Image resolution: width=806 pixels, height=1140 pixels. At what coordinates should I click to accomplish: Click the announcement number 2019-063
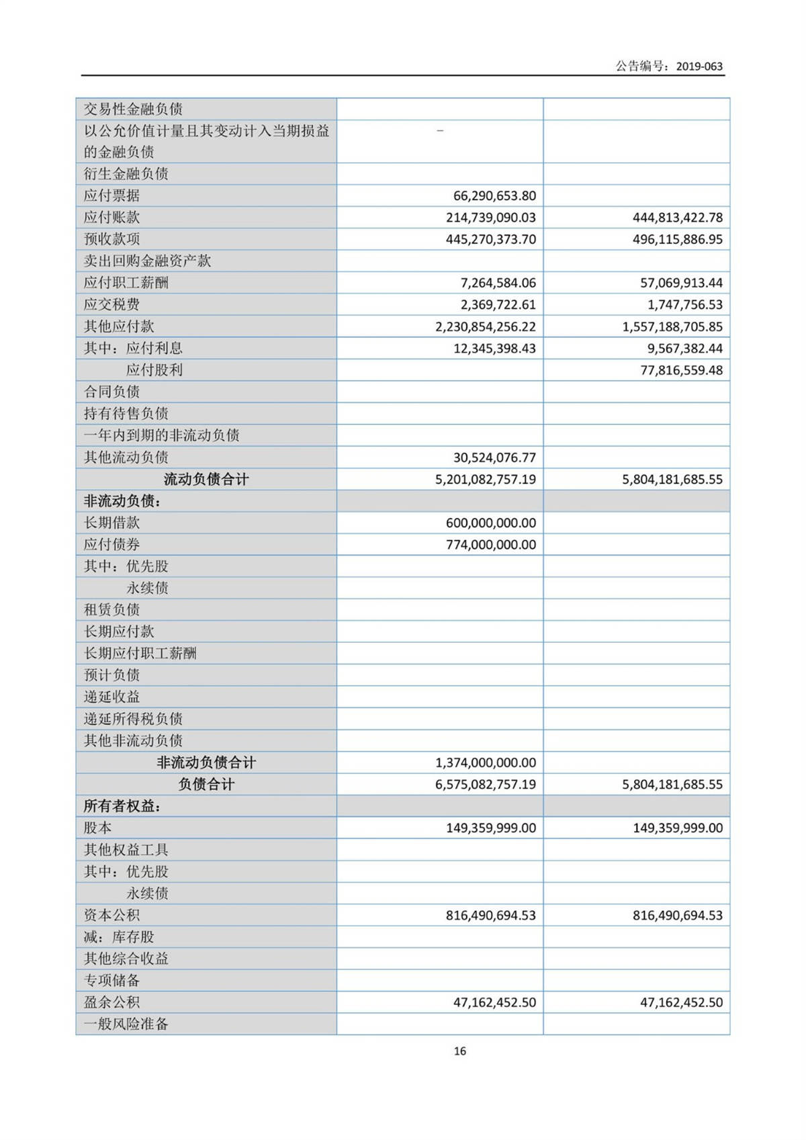(x=699, y=66)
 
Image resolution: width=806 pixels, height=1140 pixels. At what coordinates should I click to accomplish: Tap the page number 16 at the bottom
(x=459, y=1051)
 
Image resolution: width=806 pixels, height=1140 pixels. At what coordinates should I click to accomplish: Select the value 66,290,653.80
(x=494, y=195)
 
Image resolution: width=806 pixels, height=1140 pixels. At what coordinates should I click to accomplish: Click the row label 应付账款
(x=111, y=217)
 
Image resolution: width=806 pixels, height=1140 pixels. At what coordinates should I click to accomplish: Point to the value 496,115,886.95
(x=677, y=239)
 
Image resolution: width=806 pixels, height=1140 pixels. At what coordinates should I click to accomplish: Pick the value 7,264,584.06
(x=498, y=283)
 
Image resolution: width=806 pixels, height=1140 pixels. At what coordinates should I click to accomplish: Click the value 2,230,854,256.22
(x=485, y=326)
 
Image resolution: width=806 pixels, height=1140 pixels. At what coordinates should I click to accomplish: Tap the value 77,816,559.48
(x=681, y=370)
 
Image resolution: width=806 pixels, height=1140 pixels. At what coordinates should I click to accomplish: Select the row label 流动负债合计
(x=206, y=479)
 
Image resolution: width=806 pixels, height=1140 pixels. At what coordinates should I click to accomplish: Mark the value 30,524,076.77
(x=494, y=457)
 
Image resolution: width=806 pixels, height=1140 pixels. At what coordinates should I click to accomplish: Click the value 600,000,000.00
(x=490, y=523)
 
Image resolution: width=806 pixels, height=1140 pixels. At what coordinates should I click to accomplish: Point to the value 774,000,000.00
(x=490, y=544)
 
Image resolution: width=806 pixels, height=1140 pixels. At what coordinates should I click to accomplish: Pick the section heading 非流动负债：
(x=122, y=501)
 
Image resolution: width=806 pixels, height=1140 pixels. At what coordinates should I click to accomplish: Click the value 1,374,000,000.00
(x=485, y=762)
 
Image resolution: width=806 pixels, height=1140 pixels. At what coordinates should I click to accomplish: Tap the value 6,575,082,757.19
(x=485, y=784)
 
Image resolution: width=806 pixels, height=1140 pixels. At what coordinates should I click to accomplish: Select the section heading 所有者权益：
(x=122, y=806)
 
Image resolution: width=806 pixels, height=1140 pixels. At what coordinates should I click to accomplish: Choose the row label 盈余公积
(x=111, y=1002)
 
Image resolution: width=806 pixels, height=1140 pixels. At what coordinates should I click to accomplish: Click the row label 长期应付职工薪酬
(x=140, y=653)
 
